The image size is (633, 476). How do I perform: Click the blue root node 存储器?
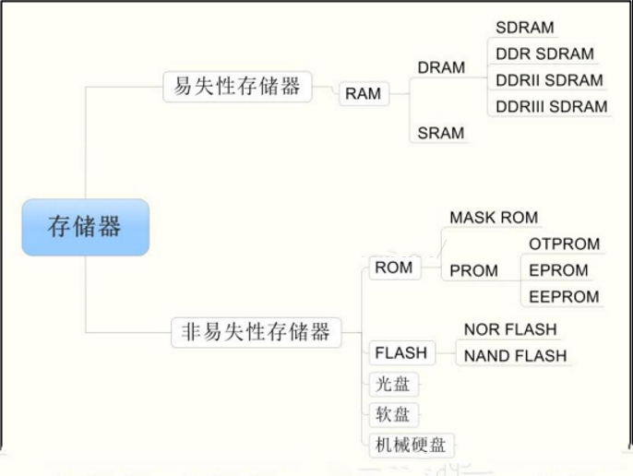(x=85, y=227)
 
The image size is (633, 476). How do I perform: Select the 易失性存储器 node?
(x=237, y=87)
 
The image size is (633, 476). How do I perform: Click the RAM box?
(x=363, y=93)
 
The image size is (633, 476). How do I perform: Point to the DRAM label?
(x=441, y=67)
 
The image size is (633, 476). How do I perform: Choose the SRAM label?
(x=441, y=133)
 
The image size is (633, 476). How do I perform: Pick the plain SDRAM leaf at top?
(x=525, y=28)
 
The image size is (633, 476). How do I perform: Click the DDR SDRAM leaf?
(x=544, y=54)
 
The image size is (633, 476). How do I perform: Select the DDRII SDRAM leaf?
(x=549, y=80)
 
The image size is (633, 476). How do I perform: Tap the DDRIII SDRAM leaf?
(x=552, y=106)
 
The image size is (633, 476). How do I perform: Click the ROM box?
(x=393, y=268)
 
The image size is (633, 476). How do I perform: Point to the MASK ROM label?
(x=494, y=218)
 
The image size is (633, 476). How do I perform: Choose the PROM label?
(x=473, y=271)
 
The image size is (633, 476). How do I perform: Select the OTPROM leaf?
(x=564, y=244)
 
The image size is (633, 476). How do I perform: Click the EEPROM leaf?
(x=564, y=297)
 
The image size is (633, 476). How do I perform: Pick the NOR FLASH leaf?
(x=510, y=329)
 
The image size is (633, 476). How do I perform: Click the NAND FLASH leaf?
(x=515, y=356)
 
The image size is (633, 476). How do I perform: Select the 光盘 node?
(x=388, y=384)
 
